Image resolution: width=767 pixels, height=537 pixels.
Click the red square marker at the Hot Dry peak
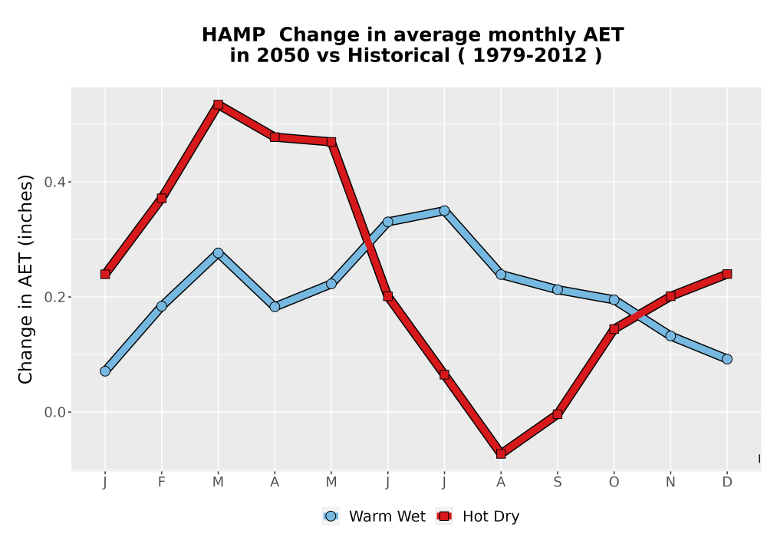tap(218, 104)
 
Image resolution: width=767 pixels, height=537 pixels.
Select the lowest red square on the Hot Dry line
tap(501, 454)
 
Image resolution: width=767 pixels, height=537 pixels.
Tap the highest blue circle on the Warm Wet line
tap(444, 211)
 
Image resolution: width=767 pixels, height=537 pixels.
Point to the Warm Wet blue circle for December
tap(727, 359)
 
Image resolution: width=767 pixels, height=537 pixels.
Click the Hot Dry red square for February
tap(161, 198)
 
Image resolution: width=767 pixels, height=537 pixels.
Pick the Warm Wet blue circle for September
tap(557, 289)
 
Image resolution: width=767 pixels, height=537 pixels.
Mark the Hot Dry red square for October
tap(614, 329)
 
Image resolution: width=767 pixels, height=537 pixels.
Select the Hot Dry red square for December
tap(727, 274)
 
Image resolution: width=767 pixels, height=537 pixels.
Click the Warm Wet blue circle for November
tap(670, 336)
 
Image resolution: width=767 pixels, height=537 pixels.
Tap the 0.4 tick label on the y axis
tap(54, 183)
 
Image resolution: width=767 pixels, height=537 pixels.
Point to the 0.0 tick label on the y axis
tap(54, 412)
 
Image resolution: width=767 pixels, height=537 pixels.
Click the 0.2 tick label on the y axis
tap(54, 298)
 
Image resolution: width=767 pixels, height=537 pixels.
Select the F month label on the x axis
tap(161, 483)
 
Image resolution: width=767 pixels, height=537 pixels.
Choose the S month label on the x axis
tap(557, 483)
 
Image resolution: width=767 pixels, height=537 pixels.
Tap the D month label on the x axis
tap(727, 483)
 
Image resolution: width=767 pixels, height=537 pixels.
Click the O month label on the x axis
tap(614, 483)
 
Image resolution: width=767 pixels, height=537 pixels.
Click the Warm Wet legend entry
tap(374, 516)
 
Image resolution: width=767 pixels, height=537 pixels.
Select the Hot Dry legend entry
tap(478, 516)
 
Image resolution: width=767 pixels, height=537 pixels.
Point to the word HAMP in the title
tap(233, 35)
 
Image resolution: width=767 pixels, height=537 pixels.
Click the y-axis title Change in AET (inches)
tap(25, 279)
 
